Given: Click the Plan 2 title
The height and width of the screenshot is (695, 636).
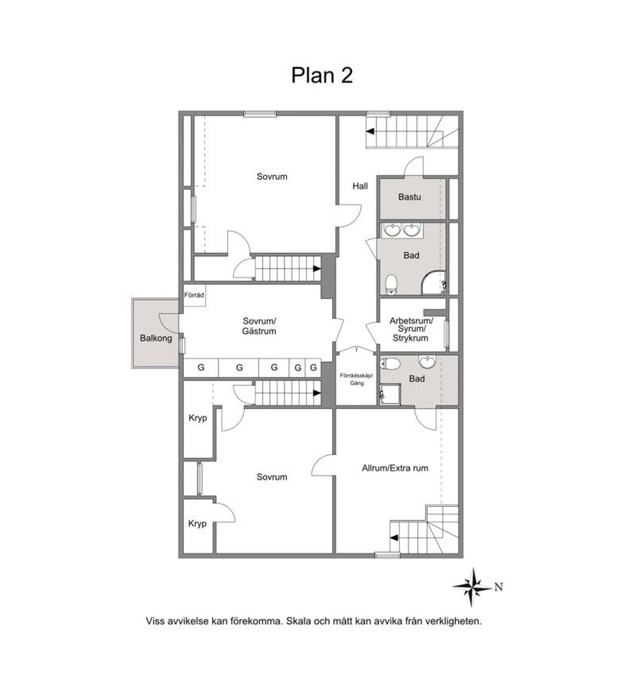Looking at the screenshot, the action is click(x=322, y=75).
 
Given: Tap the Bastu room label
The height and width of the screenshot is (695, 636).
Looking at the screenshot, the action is click(x=410, y=197).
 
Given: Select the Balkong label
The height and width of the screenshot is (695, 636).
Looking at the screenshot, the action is click(x=156, y=338).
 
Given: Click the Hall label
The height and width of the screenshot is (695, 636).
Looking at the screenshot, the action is click(x=360, y=186).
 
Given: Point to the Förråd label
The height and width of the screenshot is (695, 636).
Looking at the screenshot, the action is click(x=194, y=295).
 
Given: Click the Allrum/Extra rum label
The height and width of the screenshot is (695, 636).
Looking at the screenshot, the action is click(x=395, y=468).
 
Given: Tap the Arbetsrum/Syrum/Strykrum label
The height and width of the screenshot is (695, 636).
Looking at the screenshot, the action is click(x=411, y=329).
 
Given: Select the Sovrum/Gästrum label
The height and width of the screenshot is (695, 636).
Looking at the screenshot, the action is click(x=259, y=326).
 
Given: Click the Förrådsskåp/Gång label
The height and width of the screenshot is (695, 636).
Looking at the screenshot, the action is click(x=356, y=379).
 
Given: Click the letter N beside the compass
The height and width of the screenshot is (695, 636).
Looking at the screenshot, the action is click(x=499, y=587).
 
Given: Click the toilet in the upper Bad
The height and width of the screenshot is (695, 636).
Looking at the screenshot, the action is click(x=391, y=284).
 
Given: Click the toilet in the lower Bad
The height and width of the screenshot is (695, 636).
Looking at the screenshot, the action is click(x=390, y=363).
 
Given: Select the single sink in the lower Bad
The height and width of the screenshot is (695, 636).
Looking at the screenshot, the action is click(x=427, y=361).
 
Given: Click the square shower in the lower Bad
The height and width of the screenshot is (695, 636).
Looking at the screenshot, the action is click(x=390, y=394).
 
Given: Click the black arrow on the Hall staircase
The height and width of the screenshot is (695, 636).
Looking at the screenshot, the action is click(x=370, y=131).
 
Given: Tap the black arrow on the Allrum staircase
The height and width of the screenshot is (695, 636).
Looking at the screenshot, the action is click(x=394, y=538).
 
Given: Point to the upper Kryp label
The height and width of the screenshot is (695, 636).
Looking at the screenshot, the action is click(x=198, y=418).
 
